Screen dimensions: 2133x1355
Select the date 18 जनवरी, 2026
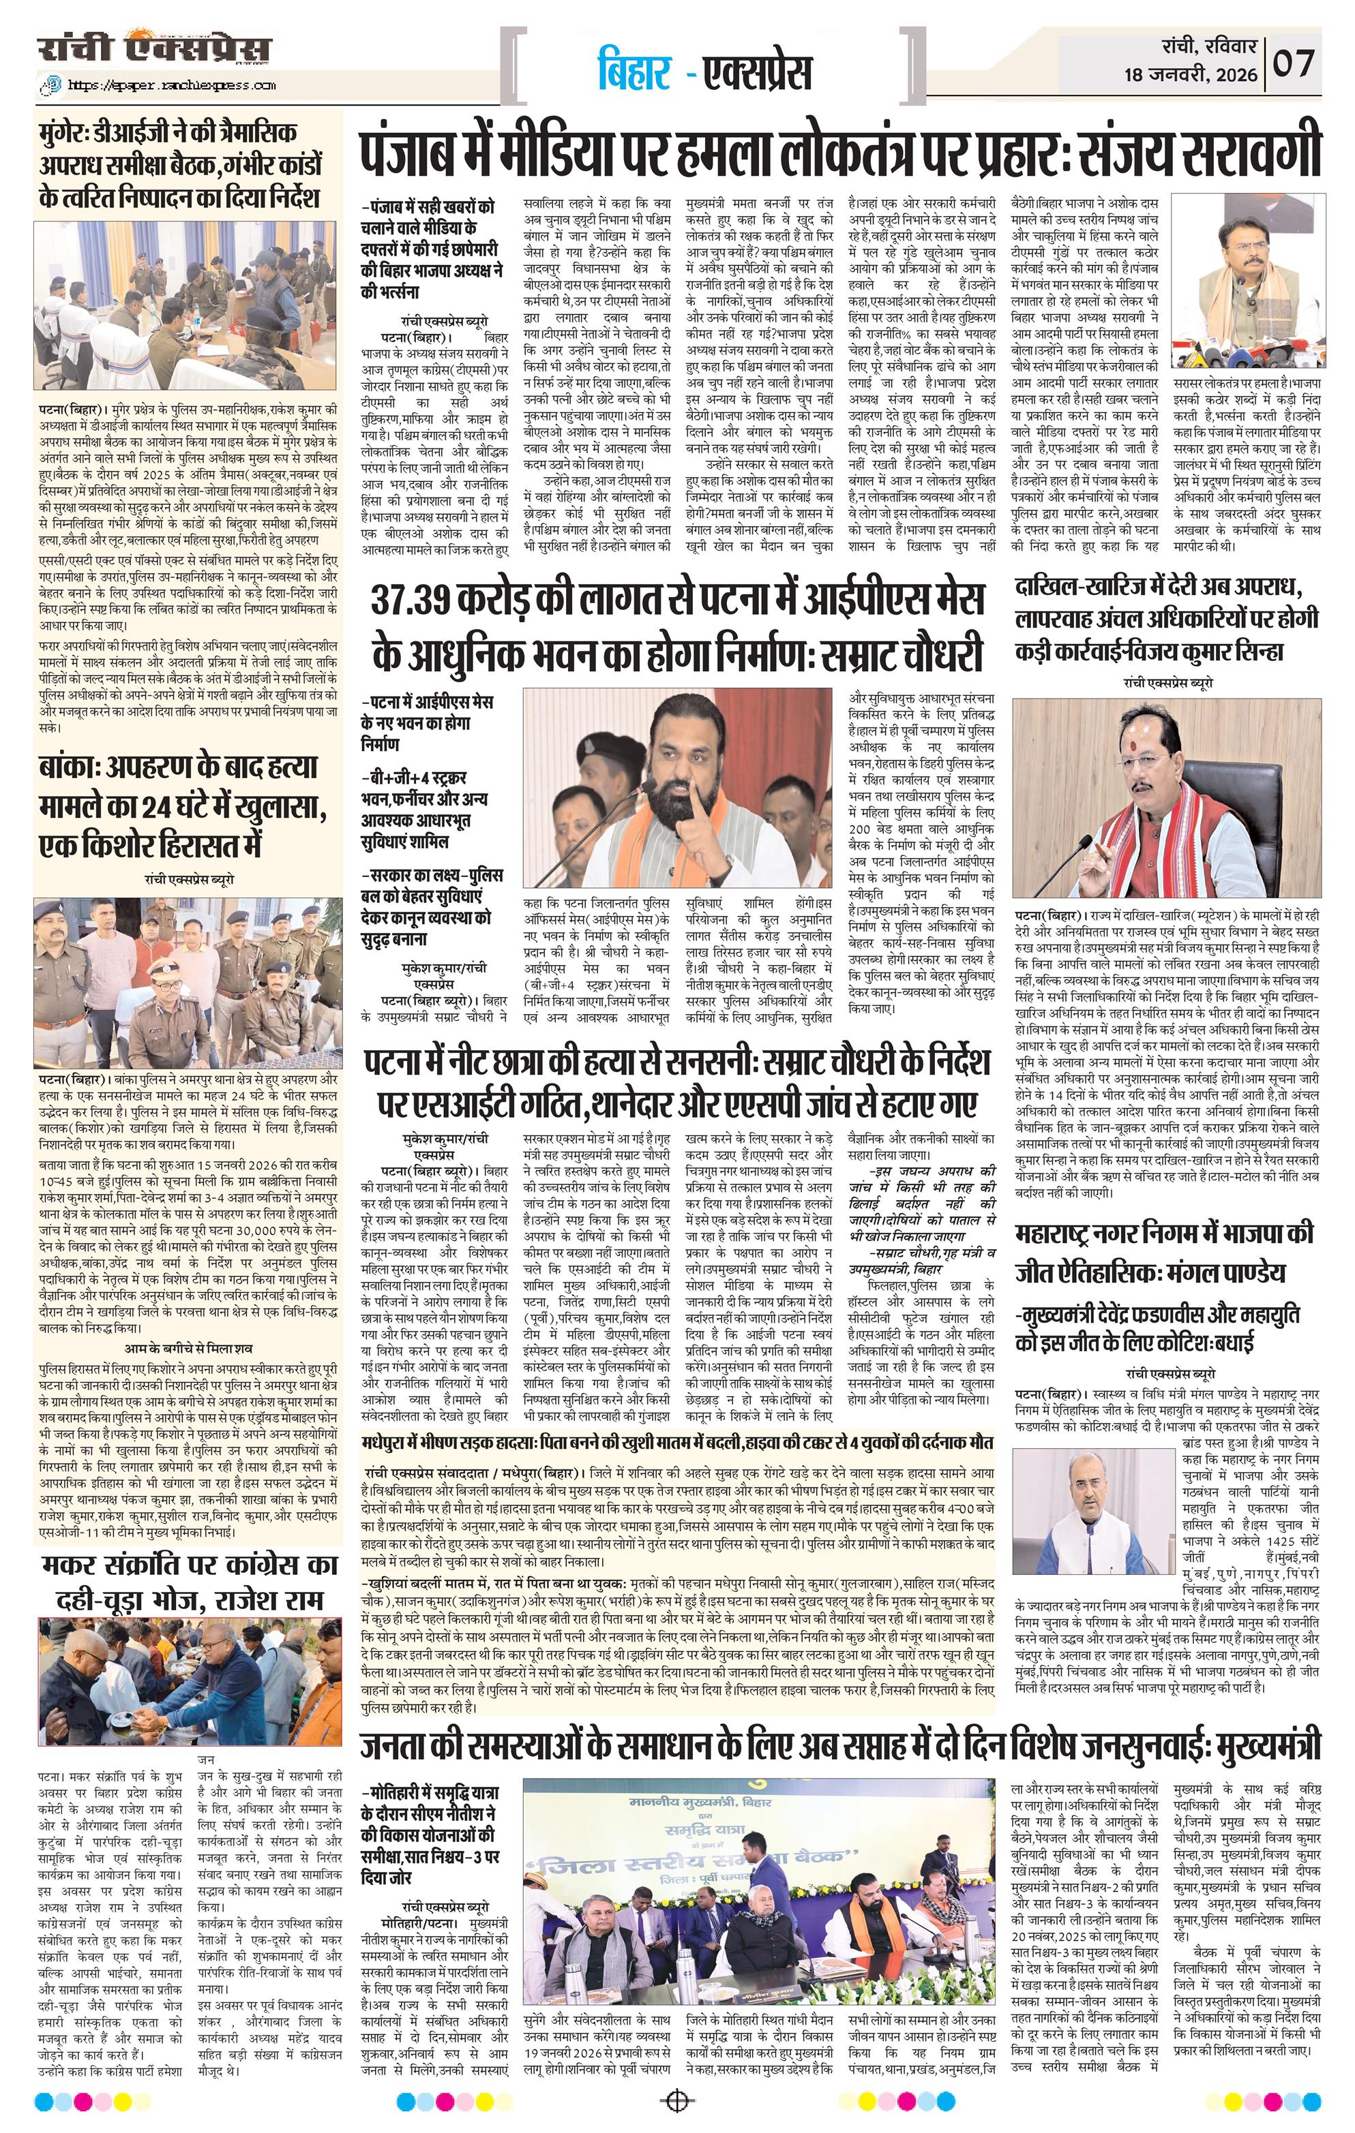[1191, 74]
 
